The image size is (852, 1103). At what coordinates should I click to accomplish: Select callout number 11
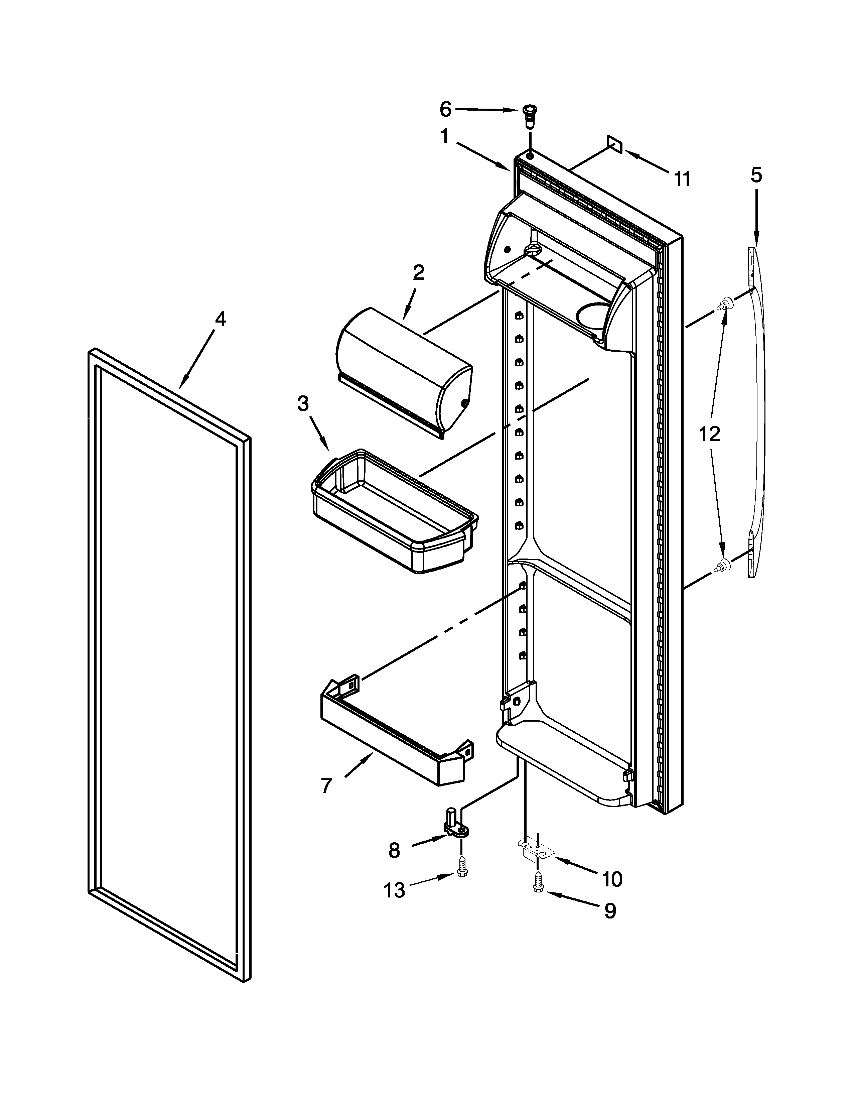coord(682,179)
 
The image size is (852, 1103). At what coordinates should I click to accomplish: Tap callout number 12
coord(710,434)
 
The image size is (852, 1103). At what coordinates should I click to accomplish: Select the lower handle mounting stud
coord(722,567)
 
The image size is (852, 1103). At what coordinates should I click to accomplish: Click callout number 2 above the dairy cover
coord(418,273)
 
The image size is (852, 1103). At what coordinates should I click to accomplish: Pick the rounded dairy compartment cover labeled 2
coord(404,371)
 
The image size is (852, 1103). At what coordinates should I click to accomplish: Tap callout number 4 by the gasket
coord(220,319)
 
